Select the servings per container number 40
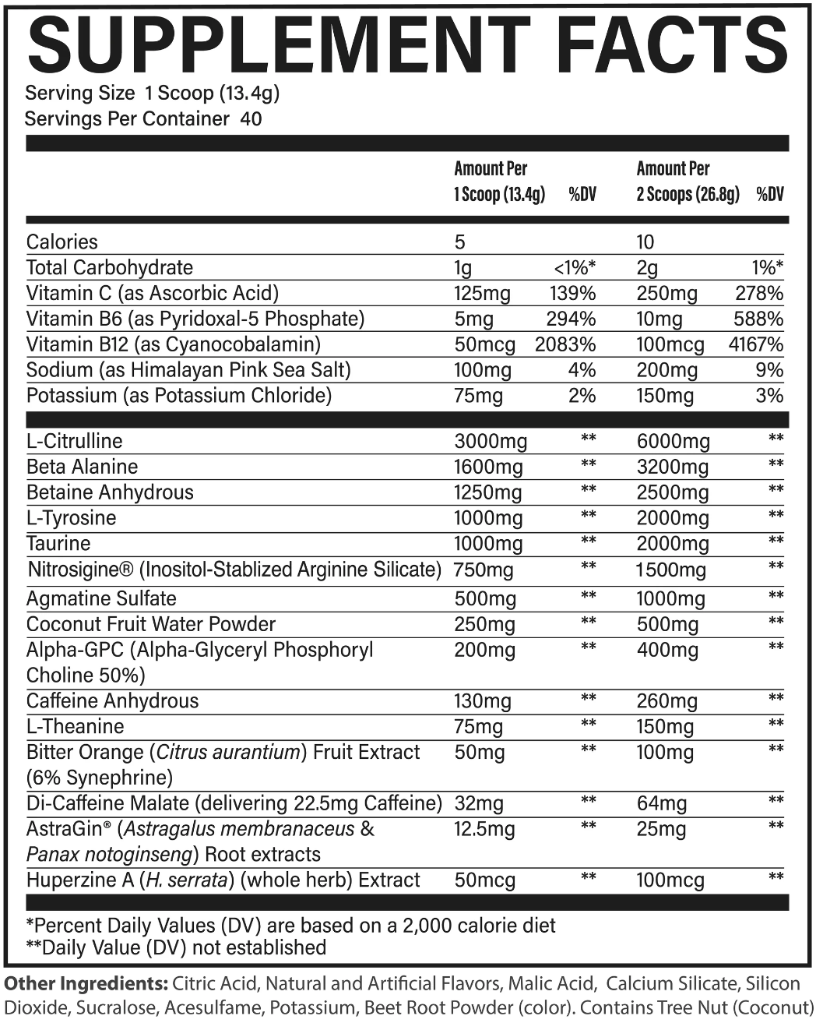click(251, 119)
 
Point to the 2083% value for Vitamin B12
click(565, 345)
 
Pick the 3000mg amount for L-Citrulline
click(491, 442)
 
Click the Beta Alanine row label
click(82, 467)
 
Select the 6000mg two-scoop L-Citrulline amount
click(673, 442)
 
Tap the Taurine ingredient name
click(58, 543)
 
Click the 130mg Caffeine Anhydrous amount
click(483, 701)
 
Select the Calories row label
click(62, 242)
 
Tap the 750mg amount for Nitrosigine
click(484, 570)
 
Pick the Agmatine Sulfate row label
click(101, 598)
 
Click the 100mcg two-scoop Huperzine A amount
click(670, 880)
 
